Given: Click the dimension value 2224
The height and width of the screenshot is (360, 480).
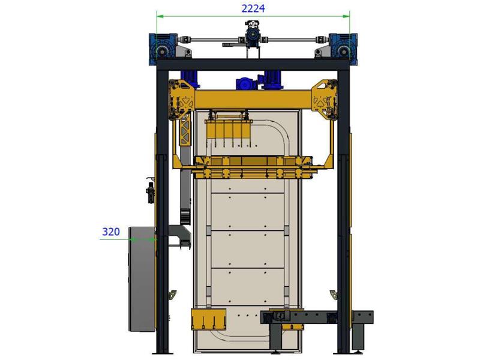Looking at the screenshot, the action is click(253, 8).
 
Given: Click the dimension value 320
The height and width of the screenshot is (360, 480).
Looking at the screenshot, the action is click(111, 232).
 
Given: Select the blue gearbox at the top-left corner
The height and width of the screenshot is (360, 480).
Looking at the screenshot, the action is click(162, 49).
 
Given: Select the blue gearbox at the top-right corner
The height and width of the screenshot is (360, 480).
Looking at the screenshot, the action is click(343, 49).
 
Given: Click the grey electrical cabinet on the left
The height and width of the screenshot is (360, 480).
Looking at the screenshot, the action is click(142, 279).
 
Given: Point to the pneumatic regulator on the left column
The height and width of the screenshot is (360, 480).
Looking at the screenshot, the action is click(151, 192).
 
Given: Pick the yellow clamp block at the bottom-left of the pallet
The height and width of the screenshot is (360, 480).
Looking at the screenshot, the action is click(208, 319).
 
